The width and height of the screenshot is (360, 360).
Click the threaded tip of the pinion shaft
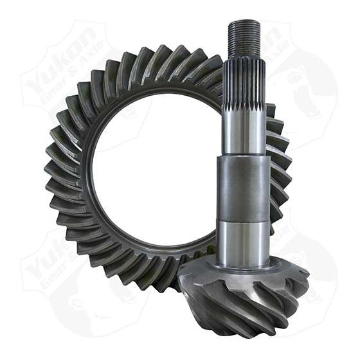pyautogui.click(x=244, y=35)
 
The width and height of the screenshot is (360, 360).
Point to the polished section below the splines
pyautogui.click(x=244, y=132)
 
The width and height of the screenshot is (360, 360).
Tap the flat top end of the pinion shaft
pyautogui.click(x=244, y=22)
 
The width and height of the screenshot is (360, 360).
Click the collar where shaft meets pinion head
pyautogui.click(x=244, y=262)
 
